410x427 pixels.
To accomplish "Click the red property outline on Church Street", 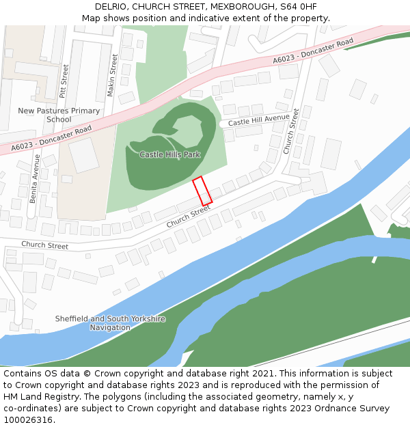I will [x=202, y=191].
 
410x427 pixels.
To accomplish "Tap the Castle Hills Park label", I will [x=169, y=154].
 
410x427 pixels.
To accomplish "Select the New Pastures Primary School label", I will [x=59, y=115].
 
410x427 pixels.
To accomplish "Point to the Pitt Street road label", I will [x=64, y=80].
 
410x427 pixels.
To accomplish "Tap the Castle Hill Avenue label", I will [x=259, y=120].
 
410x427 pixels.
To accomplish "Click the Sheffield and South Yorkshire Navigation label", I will [x=110, y=323].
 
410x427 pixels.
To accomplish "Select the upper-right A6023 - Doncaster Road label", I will [x=313, y=52].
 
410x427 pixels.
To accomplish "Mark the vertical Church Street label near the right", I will [x=291, y=130].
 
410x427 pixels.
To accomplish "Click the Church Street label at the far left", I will [x=44, y=245].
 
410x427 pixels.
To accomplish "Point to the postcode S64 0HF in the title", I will [x=298, y=7].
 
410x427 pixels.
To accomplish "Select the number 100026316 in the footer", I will [x=27, y=420].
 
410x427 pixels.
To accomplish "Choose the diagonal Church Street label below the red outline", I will [x=189, y=217].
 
